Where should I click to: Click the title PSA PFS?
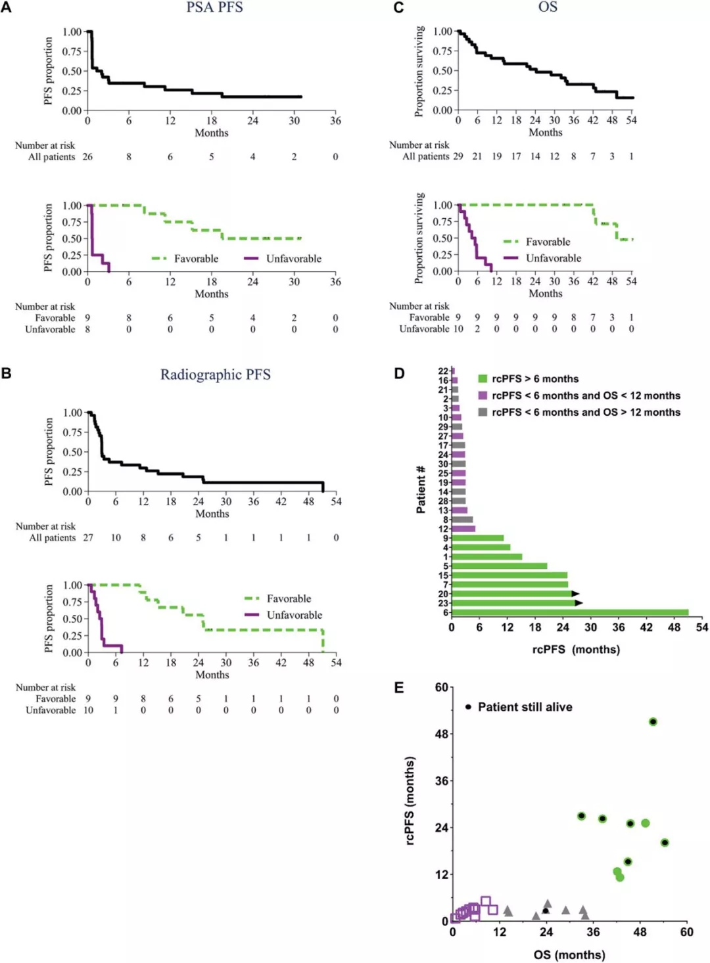[214, 8]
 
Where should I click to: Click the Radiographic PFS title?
[216, 374]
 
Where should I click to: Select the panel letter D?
[399, 374]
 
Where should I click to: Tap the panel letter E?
[399, 688]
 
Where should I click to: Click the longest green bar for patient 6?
[570, 612]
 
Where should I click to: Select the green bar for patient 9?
[478, 538]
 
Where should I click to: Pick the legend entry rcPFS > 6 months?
[535, 379]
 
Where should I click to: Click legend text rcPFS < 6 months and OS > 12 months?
[586, 413]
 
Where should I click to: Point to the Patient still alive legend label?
[525, 707]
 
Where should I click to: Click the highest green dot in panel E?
[653, 722]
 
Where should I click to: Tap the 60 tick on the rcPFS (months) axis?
[442, 688]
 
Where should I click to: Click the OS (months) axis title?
[569, 954]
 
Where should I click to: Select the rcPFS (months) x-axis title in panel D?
[576, 650]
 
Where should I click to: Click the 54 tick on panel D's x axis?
[701, 627]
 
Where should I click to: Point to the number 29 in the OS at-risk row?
[458, 156]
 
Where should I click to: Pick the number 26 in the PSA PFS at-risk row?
[87, 157]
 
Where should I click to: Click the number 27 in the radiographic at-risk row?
[88, 538]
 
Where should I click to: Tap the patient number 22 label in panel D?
[443, 371]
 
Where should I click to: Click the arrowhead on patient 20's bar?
[576, 594]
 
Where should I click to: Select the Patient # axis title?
[421, 489]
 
